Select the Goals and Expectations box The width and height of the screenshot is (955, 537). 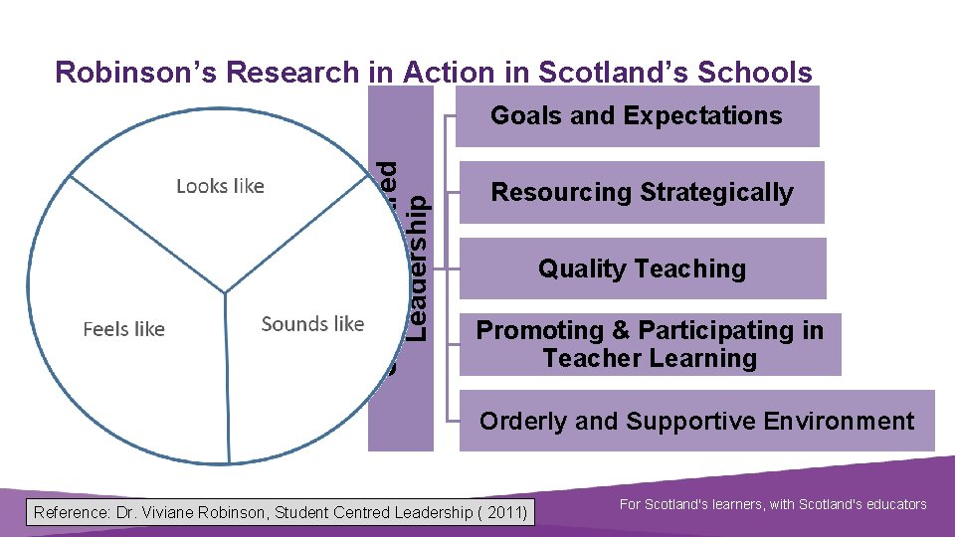coord(637,116)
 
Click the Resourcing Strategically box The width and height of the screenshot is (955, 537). coord(643,192)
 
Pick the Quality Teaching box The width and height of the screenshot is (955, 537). coord(643,268)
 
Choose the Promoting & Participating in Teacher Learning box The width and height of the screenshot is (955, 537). coord(651,344)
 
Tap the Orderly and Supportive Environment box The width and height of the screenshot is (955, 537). coord(696,421)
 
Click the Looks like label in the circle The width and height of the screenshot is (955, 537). coord(220,186)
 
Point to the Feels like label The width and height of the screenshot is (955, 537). coord(123,329)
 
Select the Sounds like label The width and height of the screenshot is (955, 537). coord(312,324)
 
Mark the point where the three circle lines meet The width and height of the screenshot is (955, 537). coord(226,292)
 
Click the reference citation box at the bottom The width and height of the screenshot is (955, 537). coord(281,513)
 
